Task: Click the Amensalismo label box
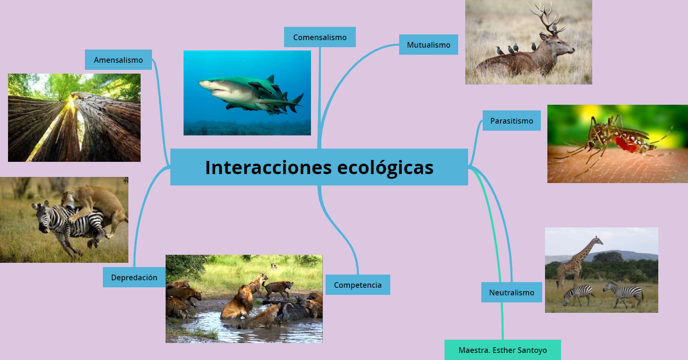[118, 60]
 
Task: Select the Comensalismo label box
[319, 37]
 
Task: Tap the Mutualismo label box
[428, 45]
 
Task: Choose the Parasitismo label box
[512, 121]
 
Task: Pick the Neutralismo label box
[512, 293]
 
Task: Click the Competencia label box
[358, 285]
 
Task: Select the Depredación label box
[134, 277]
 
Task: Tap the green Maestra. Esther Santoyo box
[503, 350]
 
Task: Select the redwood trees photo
[74, 117]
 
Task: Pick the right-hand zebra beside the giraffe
[624, 293]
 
